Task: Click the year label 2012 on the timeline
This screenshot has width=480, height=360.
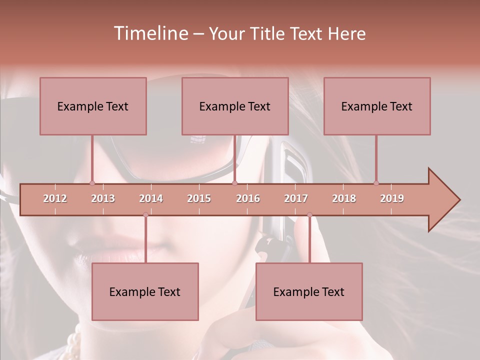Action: (x=55, y=198)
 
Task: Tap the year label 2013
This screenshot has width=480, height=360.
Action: (x=103, y=198)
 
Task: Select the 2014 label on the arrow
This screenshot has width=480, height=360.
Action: (x=151, y=198)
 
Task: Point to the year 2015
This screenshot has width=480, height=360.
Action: (x=199, y=198)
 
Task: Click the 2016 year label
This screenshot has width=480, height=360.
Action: (x=248, y=198)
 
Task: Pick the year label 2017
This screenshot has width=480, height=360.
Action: (x=296, y=198)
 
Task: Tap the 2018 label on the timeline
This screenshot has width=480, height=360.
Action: (x=344, y=198)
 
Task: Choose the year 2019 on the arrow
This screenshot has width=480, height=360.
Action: (x=392, y=198)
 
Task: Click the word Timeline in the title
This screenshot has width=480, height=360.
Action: (x=150, y=33)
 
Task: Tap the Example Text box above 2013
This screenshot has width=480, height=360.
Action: (x=93, y=106)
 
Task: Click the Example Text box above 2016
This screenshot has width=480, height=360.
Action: (x=235, y=106)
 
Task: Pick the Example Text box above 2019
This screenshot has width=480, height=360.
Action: (x=377, y=106)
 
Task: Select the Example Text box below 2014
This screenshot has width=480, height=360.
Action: (x=145, y=291)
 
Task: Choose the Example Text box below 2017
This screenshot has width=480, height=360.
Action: (x=309, y=291)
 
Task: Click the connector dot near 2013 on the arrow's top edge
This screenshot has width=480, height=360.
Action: (x=92, y=183)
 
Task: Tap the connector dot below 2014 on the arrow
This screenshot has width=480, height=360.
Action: (x=145, y=214)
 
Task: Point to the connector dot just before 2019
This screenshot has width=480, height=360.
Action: (x=376, y=183)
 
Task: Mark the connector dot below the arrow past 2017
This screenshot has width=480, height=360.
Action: (x=309, y=214)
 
